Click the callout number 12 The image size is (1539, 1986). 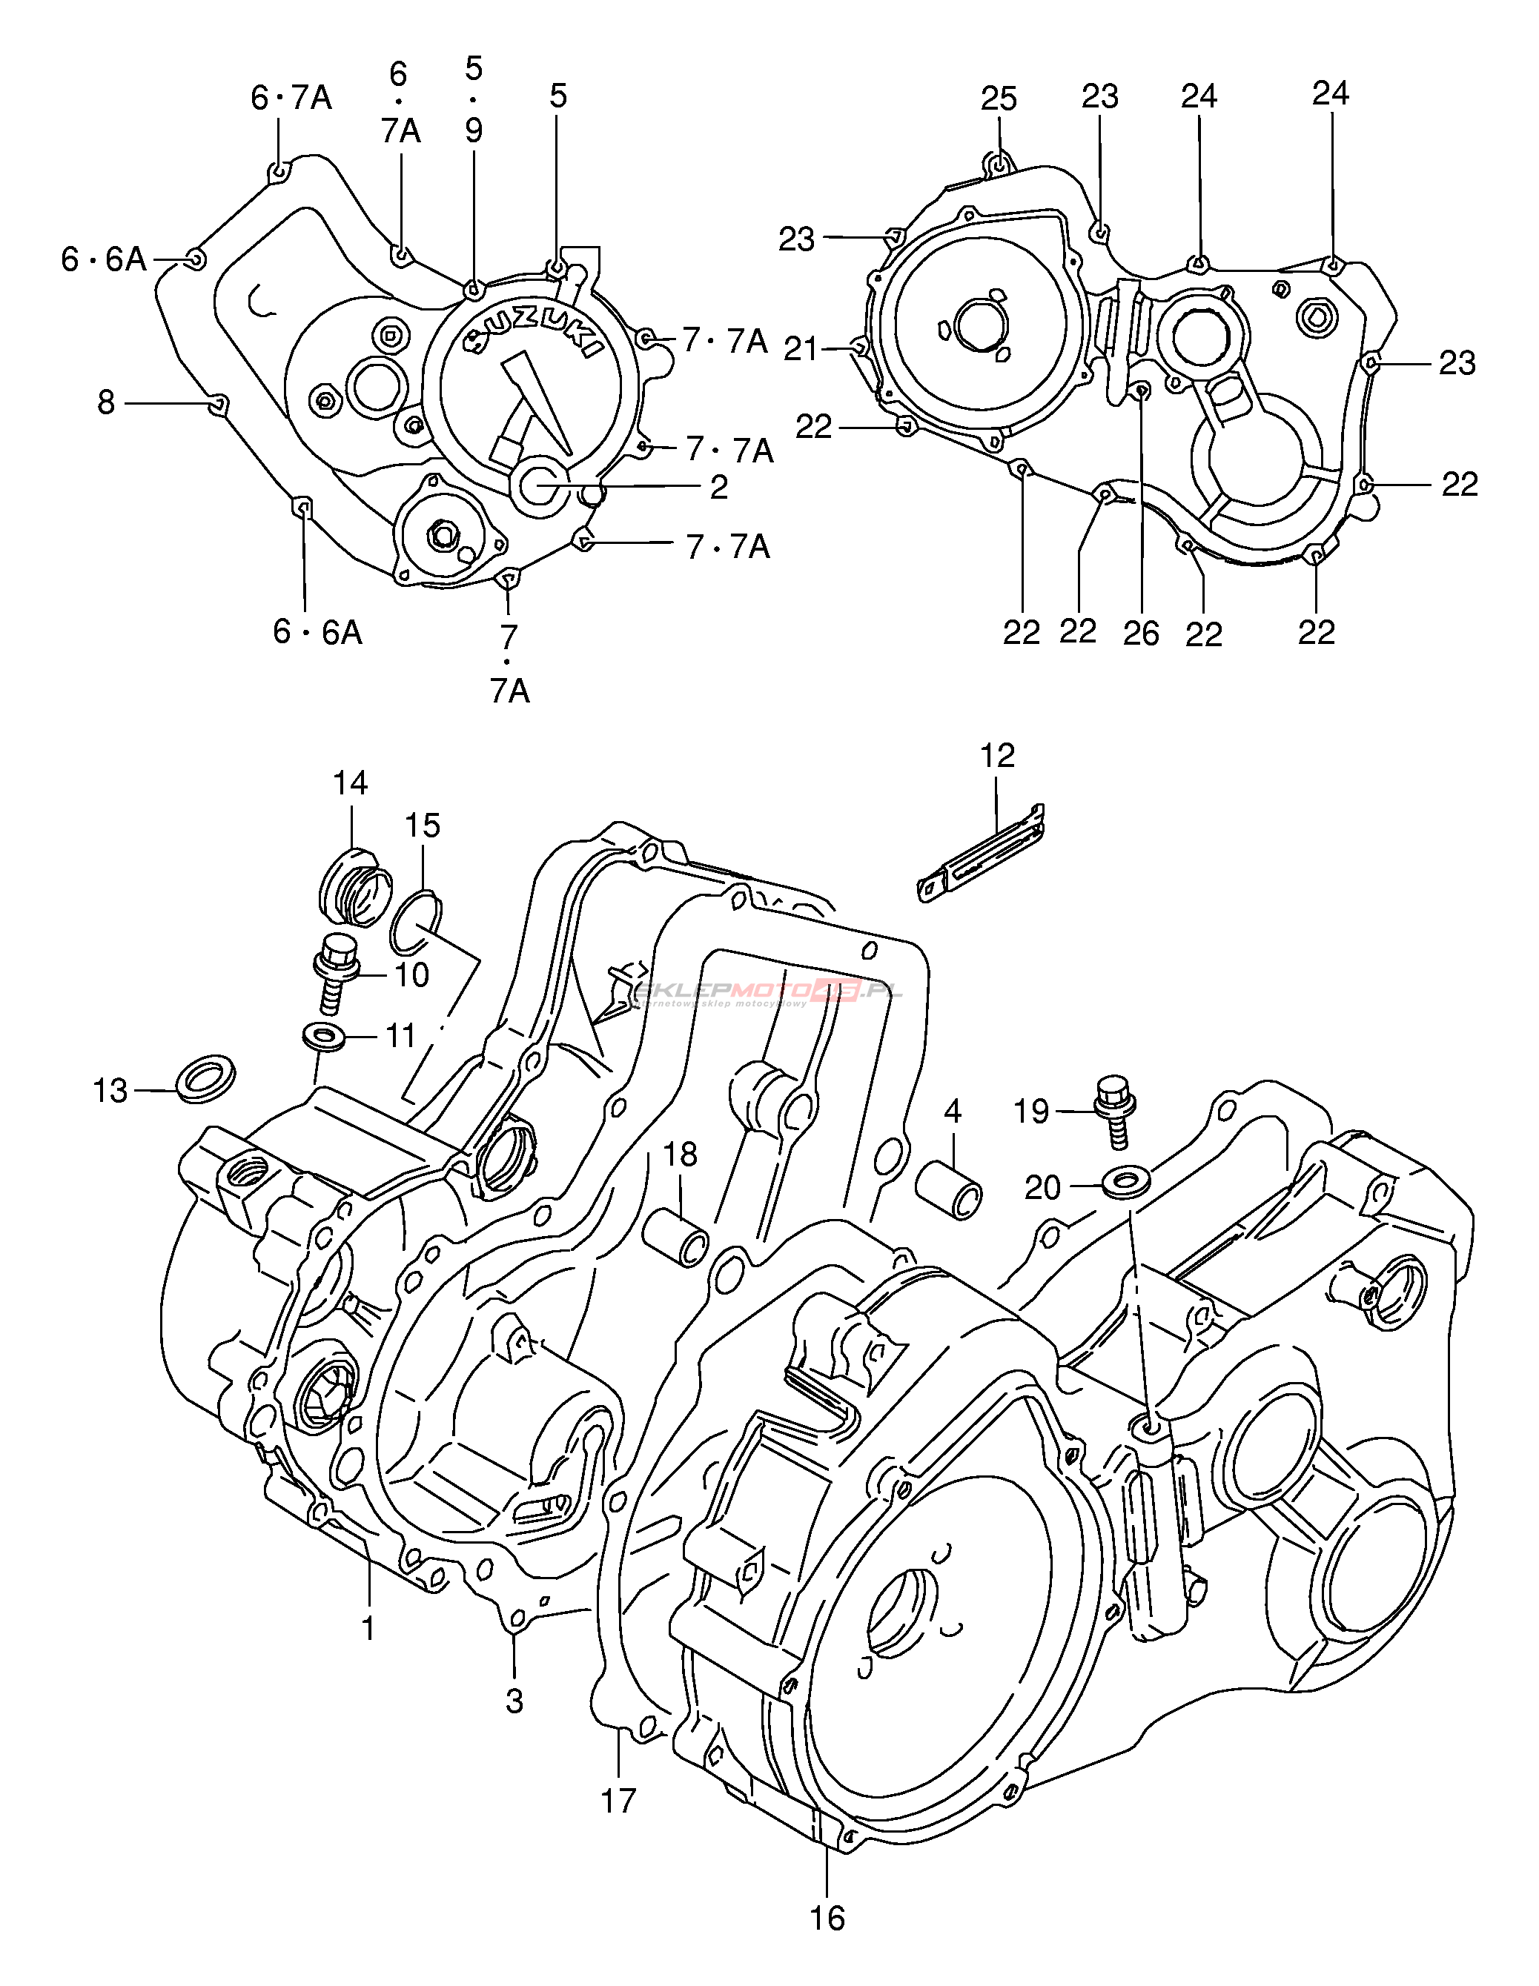pos(997,756)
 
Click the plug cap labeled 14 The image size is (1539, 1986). pos(356,886)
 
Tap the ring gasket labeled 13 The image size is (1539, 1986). pos(204,1078)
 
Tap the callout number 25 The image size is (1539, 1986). pos(999,99)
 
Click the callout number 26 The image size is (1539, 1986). pos(1141,633)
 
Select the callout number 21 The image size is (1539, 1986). pos(801,348)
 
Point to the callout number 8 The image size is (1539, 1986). pos(107,402)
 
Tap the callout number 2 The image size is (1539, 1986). pos(718,488)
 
